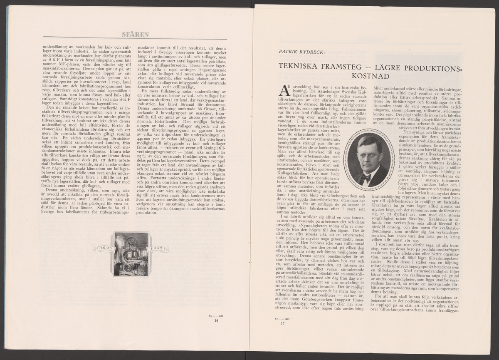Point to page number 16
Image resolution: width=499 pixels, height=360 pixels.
point(216,321)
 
